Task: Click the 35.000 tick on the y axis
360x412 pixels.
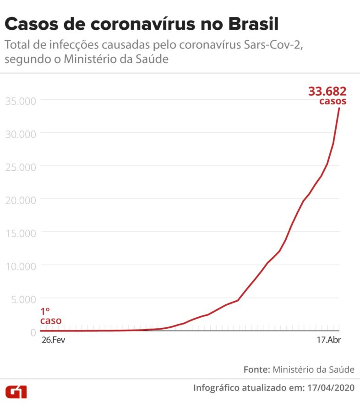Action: point(21,101)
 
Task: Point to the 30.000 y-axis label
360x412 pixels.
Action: point(21,134)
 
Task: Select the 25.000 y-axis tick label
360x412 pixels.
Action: point(21,167)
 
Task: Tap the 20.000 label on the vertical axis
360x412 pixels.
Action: point(21,200)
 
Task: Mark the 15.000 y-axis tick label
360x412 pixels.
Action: point(21,233)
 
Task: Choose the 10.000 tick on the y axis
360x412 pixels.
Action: point(21,266)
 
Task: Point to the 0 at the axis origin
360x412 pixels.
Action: point(33,332)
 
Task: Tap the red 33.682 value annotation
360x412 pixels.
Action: point(327,92)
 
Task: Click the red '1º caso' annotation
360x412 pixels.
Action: point(50,316)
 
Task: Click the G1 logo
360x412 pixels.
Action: point(16,391)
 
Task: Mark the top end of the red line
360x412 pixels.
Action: point(339,108)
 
